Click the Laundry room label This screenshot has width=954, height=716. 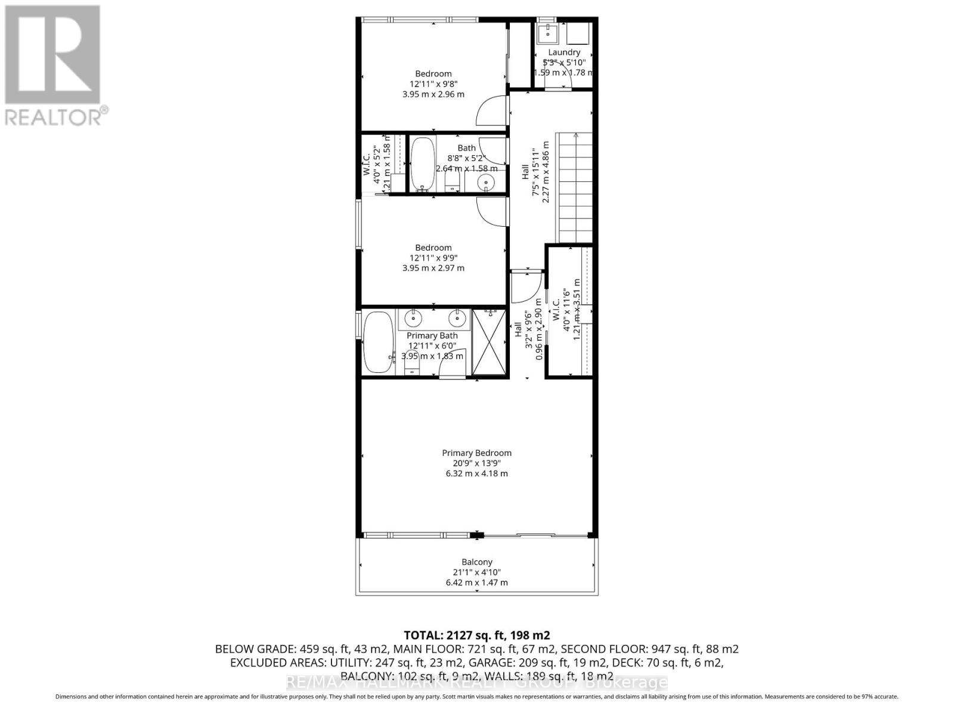click(563, 53)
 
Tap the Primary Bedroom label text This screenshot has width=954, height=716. click(476, 453)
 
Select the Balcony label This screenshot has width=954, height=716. click(477, 562)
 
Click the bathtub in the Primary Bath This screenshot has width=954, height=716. click(377, 342)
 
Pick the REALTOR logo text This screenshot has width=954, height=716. click(57, 116)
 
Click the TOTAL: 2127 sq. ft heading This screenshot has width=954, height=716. click(476, 635)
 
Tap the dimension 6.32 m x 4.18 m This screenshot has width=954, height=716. click(476, 474)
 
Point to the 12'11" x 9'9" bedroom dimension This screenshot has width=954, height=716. click(433, 258)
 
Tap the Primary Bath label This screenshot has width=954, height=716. click(432, 336)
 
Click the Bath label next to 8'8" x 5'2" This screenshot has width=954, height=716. click(467, 148)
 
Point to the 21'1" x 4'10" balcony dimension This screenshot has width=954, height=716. click(476, 572)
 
